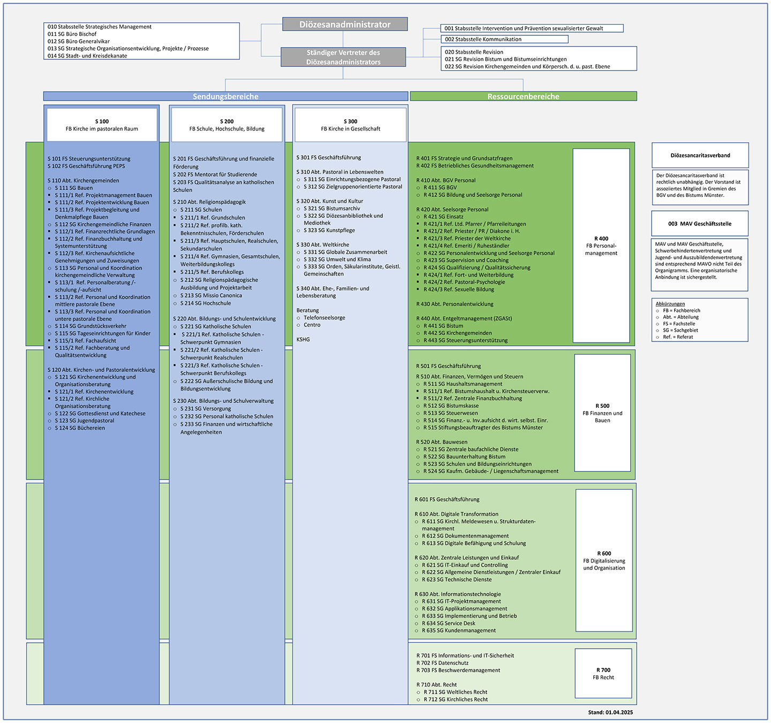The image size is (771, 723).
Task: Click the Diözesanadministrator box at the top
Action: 345,24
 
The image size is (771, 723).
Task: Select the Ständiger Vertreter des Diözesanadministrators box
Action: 343,57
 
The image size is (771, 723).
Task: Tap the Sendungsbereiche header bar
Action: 225,96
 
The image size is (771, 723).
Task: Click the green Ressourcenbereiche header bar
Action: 523,96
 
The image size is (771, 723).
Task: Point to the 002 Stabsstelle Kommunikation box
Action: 504,39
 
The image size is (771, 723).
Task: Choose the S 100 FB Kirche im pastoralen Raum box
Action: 102,125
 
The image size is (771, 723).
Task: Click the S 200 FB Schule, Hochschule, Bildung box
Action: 226,125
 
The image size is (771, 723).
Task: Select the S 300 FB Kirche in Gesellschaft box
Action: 351,125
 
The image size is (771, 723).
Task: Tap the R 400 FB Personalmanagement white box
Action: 601,246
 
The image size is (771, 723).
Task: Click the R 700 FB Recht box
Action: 603,674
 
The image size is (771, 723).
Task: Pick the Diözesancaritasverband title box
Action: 700,155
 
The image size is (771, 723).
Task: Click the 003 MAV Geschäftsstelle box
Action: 700,224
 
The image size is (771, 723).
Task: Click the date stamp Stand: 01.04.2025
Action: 610,712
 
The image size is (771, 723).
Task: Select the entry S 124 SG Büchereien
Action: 80,428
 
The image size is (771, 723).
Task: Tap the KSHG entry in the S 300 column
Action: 303,339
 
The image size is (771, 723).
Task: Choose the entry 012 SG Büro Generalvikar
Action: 78,41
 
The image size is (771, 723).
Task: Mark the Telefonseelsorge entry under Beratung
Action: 324,317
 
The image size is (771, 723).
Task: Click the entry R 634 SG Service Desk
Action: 448,623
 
